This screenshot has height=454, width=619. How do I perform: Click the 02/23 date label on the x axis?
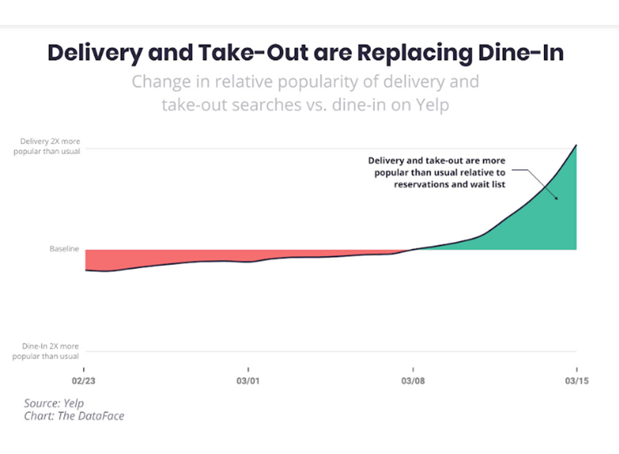(x=84, y=382)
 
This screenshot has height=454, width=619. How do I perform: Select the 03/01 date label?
(x=248, y=382)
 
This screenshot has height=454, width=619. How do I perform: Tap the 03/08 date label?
(x=413, y=382)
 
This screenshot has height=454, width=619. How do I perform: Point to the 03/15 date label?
(x=576, y=382)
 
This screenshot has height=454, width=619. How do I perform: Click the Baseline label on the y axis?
(x=64, y=249)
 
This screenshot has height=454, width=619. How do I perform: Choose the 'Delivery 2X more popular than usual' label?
(x=50, y=145)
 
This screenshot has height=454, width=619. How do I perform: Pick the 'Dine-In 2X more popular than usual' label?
(x=50, y=351)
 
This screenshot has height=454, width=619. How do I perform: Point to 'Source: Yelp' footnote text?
(x=54, y=403)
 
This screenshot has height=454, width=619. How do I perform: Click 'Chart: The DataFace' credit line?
(x=74, y=416)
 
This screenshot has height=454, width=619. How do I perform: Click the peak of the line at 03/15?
(x=576, y=145)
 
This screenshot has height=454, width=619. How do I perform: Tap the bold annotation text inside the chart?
(x=439, y=173)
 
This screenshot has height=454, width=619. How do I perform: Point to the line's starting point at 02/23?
(x=86, y=270)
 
